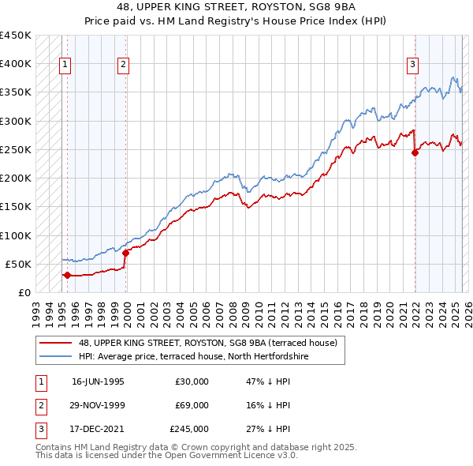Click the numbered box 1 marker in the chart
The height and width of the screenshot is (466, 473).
(64, 66)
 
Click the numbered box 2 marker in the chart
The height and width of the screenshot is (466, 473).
(124, 66)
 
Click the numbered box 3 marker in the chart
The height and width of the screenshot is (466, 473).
(412, 66)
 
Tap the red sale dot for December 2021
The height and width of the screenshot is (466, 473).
(415, 152)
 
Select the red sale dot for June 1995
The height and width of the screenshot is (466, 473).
(67, 275)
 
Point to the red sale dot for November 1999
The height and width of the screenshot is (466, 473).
(126, 253)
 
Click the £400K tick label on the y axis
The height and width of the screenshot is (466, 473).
(16, 64)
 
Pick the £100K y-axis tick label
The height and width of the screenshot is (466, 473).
(16, 235)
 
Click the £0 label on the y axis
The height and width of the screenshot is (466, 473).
(24, 292)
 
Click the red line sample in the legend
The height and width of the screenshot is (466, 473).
(56, 343)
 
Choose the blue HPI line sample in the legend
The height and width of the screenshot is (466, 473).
(56, 356)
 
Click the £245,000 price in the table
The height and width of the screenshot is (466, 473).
(189, 429)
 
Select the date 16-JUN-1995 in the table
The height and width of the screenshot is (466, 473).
(98, 381)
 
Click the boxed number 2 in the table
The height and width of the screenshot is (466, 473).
(40, 405)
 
